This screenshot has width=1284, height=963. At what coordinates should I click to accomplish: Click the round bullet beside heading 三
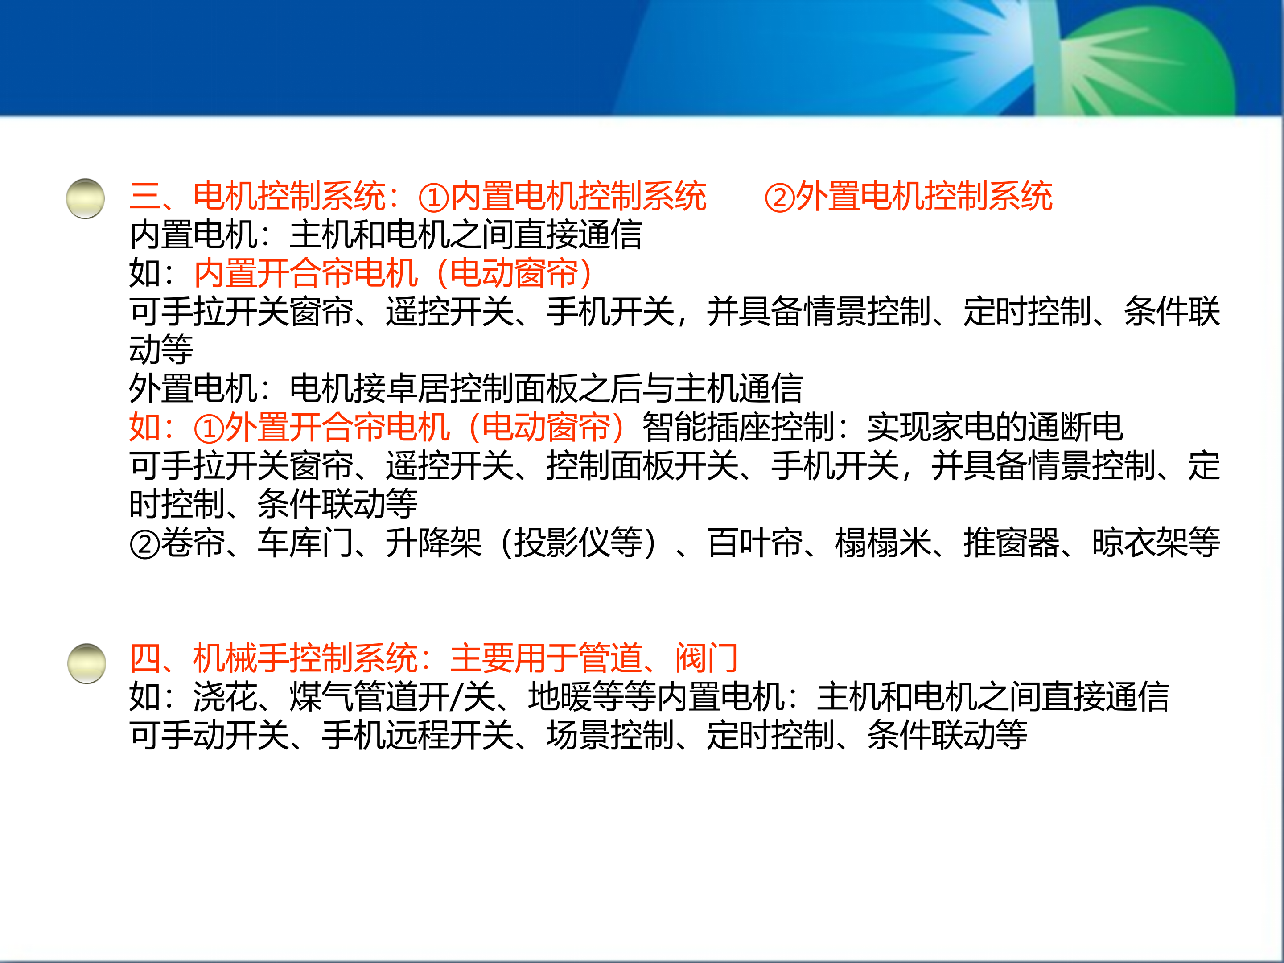(x=85, y=198)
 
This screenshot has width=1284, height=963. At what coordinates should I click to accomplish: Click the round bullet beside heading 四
(x=86, y=663)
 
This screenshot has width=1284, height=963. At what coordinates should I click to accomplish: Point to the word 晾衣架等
(x=1156, y=543)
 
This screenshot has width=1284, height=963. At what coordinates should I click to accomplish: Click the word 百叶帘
(x=755, y=543)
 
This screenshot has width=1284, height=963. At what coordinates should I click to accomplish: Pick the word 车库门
(x=305, y=543)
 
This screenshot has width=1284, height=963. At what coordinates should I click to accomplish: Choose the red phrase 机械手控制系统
(x=305, y=658)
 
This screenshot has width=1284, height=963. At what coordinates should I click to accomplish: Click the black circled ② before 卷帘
(x=144, y=544)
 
